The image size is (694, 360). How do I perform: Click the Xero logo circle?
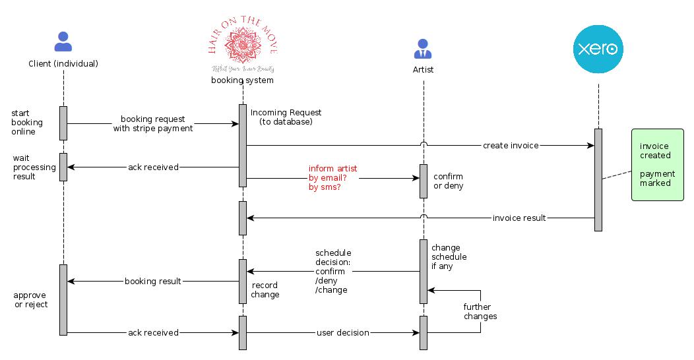[x=598, y=49]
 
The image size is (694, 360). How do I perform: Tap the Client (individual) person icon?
[x=63, y=42]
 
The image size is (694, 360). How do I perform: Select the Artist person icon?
[x=423, y=49]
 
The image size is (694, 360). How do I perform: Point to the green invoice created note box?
[x=657, y=165]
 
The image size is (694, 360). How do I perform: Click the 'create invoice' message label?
[x=511, y=145]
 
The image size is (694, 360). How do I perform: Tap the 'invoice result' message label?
[x=519, y=218]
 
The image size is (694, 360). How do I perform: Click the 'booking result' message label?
[x=153, y=282]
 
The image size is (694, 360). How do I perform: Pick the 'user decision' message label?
[x=342, y=333]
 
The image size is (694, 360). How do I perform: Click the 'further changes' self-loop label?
[x=480, y=311]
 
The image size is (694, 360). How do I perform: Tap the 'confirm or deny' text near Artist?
[x=448, y=181]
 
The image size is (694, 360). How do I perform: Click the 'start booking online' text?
[x=27, y=123]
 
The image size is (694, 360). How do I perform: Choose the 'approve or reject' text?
[x=31, y=300]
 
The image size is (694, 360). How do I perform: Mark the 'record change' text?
[x=265, y=290]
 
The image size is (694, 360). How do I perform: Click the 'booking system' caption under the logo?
[x=242, y=80]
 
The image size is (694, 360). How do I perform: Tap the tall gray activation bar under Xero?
[x=598, y=179]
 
